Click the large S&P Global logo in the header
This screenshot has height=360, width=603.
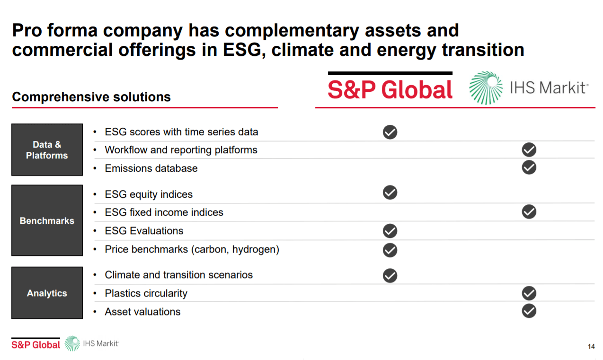coord(390,88)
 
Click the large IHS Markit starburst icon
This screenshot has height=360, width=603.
coord(486,88)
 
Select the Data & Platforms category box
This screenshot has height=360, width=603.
coord(47,150)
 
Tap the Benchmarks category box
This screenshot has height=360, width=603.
coord(47,221)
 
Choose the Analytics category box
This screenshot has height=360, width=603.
coord(47,293)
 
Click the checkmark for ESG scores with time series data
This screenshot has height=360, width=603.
coord(390,132)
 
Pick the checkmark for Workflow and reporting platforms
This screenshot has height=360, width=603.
coord(529,150)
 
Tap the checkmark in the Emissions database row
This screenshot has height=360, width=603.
coord(529,167)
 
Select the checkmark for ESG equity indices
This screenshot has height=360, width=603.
coord(390,193)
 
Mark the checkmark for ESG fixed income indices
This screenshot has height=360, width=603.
coord(529,212)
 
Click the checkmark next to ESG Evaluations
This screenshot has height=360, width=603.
coord(390,231)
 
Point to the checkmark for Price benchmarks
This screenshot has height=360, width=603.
coord(390,250)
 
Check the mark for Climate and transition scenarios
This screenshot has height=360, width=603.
coord(390,275)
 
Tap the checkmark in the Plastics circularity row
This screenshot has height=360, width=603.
coord(529,293)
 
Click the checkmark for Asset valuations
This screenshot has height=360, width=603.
coord(529,311)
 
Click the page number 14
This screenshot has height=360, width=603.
coord(591,347)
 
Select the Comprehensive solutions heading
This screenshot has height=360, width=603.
coord(91,97)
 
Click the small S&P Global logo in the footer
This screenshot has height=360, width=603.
coord(36,344)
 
